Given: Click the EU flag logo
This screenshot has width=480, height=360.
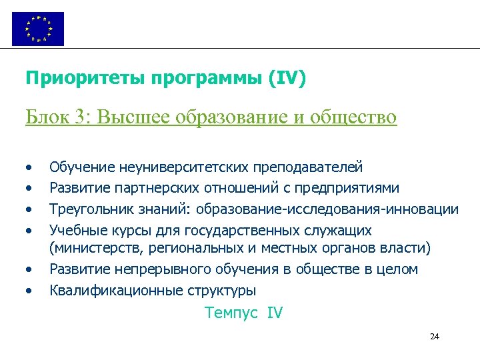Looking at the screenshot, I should tap(38, 29).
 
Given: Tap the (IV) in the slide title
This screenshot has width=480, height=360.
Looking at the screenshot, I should tap(287, 79).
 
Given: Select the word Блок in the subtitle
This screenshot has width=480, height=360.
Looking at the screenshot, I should tap(46, 117).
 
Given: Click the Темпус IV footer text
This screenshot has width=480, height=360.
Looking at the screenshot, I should tap(244, 313).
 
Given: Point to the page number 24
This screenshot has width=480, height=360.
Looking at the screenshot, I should tap(434, 336).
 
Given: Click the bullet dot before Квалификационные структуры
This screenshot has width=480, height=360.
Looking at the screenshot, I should tap(29, 291).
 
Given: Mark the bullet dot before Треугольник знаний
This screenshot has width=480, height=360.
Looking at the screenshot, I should tap(29, 209).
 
